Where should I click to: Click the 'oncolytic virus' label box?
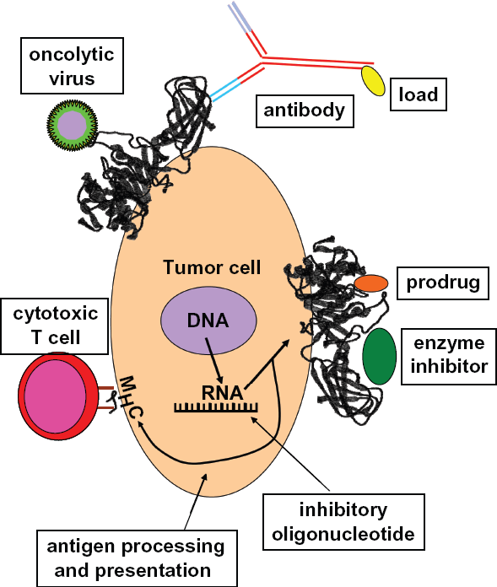pyautogui.click(x=72, y=66)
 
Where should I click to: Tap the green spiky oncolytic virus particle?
pyautogui.click(x=72, y=126)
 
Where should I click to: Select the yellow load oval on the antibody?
pyautogui.click(x=373, y=81)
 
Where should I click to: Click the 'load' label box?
pyautogui.click(x=419, y=94)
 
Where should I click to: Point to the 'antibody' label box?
pyautogui.click(x=305, y=110)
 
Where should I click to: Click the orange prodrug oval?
pyautogui.click(x=371, y=283)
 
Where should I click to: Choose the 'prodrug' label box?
pyautogui.click(x=443, y=283)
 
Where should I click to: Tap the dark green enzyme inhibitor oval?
pyautogui.click(x=380, y=356)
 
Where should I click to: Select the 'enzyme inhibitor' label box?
pyautogui.click(x=449, y=357)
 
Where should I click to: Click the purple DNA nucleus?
pyautogui.click(x=208, y=320)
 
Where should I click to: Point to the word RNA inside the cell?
pyautogui.click(x=223, y=393)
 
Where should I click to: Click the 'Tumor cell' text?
pyautogui.click(x=212, y=267)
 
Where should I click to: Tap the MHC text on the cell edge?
pyautogui.click(x=130, y=397)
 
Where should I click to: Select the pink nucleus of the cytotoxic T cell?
pyautogui.click(x=56, y=396)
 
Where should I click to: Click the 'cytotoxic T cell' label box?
pyautogui.click(x=55, y=326)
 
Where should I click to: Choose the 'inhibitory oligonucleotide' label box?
pyautogui.click(x=343, y=522)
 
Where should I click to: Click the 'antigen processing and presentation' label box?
pyautogui.click(x=137, y=558)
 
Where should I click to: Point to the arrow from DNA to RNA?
pyautogui.click(x=213, y=361)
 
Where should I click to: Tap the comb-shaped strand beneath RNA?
pyautogui.click(x=216, y=407)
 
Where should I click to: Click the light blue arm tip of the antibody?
pyautogui.click(x=224, y=90)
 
